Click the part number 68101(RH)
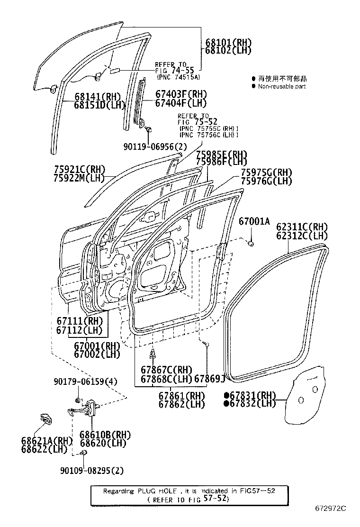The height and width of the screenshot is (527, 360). (x=228, y=42)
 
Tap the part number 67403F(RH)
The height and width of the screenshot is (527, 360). (x=181, y=94)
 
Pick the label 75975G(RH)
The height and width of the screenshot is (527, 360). (x=266, y=173)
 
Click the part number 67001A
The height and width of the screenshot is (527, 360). (x=254, y=221)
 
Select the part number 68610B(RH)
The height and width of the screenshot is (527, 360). (x=105, y=435)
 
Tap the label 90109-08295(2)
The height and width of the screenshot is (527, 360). (x=92, y=470)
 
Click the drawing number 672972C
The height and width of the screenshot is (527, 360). (x=331, y=509)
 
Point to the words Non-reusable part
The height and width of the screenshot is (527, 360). (x=282, y=87)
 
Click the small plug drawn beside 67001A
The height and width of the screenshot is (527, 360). (x=251, y=244)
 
